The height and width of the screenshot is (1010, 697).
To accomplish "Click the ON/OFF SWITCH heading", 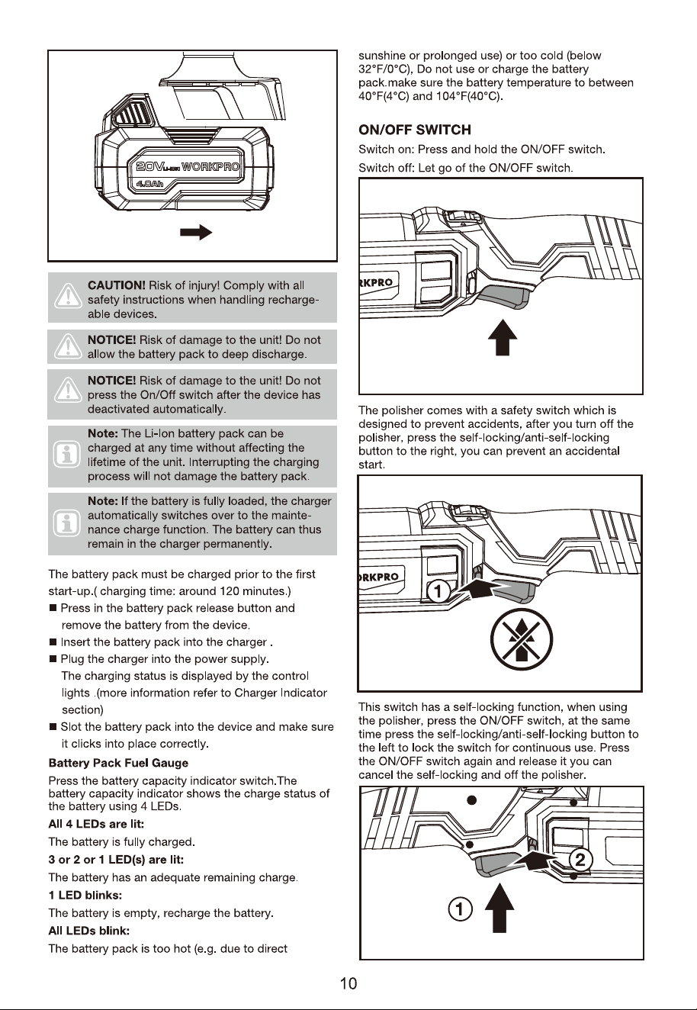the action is tap(415, 130).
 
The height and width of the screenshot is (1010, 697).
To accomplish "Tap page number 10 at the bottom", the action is tap(348, 983).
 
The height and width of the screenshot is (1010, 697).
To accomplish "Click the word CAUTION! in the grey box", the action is tap(117, 285).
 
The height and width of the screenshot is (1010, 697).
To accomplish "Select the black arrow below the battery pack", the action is tap(196, 232).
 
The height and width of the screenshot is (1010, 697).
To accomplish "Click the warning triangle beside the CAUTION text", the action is tap(68, 296).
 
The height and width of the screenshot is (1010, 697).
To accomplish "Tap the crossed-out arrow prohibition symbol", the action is tap(521, 639).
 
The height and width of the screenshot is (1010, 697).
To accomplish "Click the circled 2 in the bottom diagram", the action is tap(580, 860).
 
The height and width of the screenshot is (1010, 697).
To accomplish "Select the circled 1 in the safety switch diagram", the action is tap(437, 591).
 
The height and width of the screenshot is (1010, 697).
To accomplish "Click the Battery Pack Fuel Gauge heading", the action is tap(118, 763).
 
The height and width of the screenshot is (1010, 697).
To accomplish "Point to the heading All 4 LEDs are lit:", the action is tap(96, 824).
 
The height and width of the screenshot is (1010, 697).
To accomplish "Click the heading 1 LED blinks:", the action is tap(85, 895).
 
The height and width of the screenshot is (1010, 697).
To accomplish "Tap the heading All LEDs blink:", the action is tap(88, 931).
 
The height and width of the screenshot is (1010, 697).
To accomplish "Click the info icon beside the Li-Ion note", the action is tap(66, 455).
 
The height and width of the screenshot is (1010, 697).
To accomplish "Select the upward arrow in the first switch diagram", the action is tap(503, 337).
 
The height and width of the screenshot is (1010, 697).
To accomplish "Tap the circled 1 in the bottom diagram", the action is tap(461, 909).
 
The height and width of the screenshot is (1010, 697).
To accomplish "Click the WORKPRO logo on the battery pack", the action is tap(210, 167).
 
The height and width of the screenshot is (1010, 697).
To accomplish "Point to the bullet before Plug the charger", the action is tap(53, 659).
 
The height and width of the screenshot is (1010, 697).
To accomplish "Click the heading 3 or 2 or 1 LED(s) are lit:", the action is tap(116, 860).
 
